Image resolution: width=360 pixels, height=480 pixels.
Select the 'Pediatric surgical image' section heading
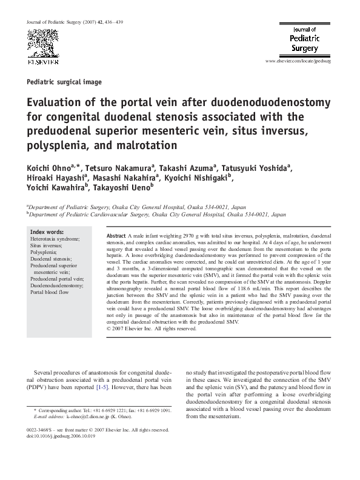[65, 82]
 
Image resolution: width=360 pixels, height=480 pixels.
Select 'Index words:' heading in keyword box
[47, 232]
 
